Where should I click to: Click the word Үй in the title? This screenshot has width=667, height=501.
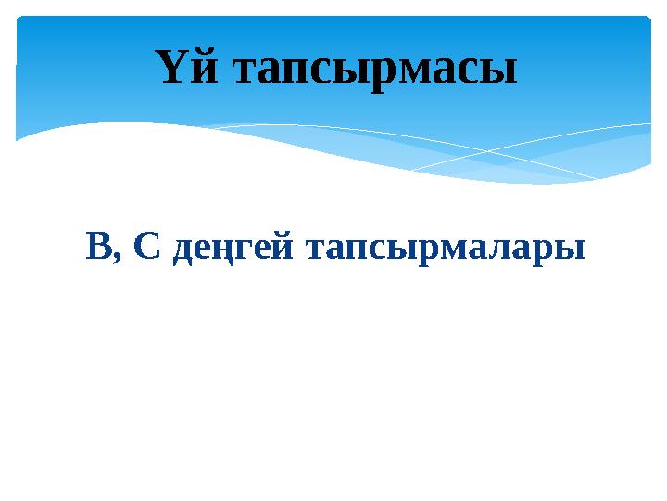coord(186,68)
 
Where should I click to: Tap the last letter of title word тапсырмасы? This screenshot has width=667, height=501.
coord(497,72)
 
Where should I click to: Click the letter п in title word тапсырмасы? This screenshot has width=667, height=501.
coord(296,72)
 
